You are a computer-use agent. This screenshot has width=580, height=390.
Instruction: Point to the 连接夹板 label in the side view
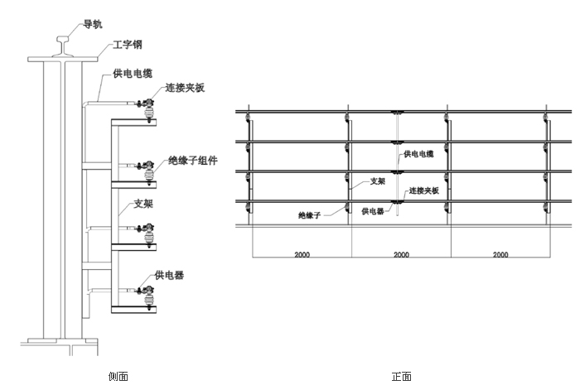184,88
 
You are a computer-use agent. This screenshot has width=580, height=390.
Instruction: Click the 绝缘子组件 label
192,161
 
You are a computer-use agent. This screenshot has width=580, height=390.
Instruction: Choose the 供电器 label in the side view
169,274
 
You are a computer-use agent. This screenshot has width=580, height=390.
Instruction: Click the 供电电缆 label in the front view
419,153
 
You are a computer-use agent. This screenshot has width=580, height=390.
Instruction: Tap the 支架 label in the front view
376,180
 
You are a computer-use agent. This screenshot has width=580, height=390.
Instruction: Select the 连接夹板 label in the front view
423,190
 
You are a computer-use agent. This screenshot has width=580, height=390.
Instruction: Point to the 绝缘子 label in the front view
310,214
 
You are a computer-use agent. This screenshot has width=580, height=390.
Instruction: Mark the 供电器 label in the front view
374,211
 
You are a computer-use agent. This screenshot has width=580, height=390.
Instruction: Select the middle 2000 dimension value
401,255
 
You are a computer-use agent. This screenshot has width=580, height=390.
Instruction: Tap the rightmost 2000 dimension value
500,255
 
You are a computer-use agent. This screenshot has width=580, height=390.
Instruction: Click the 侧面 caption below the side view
118,377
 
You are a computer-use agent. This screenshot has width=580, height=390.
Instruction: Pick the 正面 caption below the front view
401,377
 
